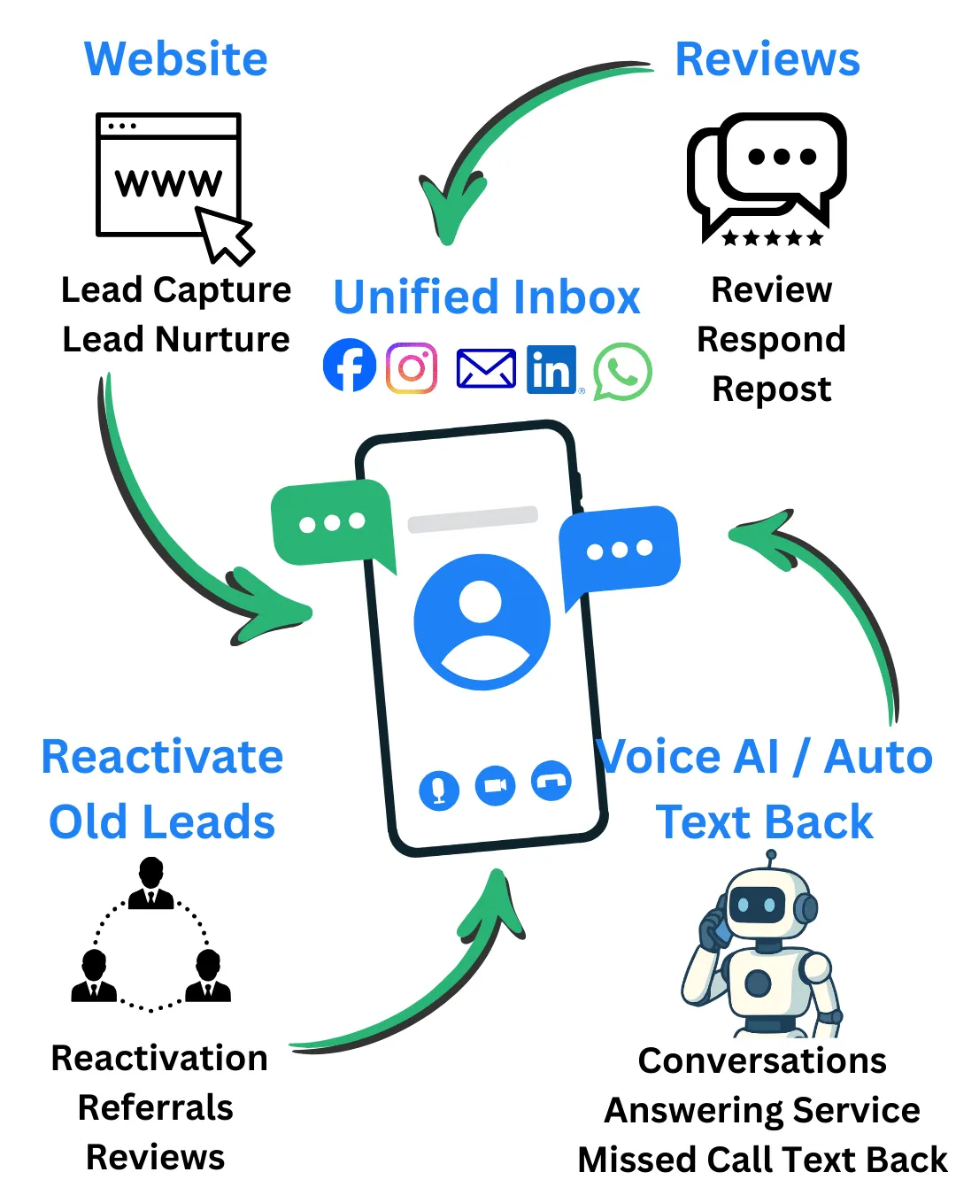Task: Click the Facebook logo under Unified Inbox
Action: pyautogui.click(x=350, y=366)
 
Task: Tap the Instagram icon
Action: pyautogui.click(x=412, y=367)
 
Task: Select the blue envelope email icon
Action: pyautogui.click(x=486, y=368)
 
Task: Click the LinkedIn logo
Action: pyautogui.click(x=551, y=369)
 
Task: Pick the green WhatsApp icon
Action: pyautogui.click(x=622, y=372)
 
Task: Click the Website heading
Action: pyautogui.click(x=176, y=59)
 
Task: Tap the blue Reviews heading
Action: pyautogui.click(x=767, y=59)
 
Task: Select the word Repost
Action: pyautogui.click(x=772, y=389)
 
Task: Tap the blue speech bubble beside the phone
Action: pyautogui.click(x=620, y=549)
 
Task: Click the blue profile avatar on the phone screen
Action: pyautogui.click(x=482, y=622)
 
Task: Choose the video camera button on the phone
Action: pyautogui.click(x=496, y=786)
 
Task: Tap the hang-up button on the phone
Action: pyautogui.click(x=551, y=781)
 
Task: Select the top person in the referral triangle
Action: pyautogui.click(x=151, y=883)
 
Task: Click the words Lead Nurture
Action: pyautogui.click(x=176, y=340)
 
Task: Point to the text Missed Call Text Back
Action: pyautogui.click(x=762, y=1160)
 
